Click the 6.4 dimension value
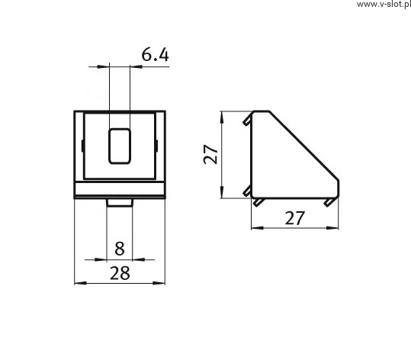point(156,55)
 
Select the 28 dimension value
point(120,273)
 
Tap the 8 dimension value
point(120,249)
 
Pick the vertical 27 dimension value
point(210,154)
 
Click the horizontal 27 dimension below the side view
point(295,218)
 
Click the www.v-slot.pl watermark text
point(384,5)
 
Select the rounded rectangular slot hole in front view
point(120,146)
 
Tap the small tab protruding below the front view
point(120,203)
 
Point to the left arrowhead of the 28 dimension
point(81,283)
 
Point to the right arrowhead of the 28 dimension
point(159,283)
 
